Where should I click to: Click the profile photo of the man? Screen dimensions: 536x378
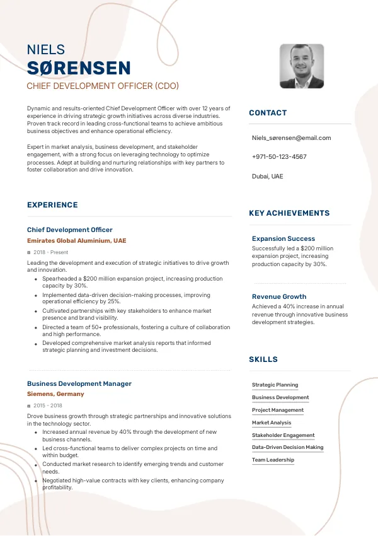pos(302,66)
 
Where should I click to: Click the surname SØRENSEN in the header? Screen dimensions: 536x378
pos(79,68)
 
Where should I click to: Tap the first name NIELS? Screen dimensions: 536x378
pos(46,50)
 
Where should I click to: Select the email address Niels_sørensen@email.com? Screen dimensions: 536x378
pos(291,137)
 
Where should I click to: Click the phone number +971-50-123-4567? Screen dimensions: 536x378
pos(279,156)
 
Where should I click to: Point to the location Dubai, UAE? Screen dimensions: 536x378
pos(268,176)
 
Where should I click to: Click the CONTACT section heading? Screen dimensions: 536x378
pos(268,113)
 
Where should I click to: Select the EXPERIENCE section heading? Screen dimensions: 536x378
pos(52,205)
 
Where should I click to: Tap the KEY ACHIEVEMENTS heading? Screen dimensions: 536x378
pos(289,213)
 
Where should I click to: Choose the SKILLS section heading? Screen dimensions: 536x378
pos(263,359)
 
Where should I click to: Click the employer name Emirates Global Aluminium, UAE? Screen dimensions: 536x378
pos(76,241)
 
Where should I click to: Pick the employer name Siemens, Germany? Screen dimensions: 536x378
pos(55,394)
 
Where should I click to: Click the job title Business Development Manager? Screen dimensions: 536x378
pos(79,383)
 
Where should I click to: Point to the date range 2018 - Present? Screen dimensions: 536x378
pos(51,252)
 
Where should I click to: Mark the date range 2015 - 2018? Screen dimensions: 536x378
pos(49,405)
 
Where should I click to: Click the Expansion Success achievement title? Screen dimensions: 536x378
pos(283,239)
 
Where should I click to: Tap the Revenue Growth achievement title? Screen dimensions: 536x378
pos(279,296)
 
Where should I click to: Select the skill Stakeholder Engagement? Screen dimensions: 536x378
pos(283,435)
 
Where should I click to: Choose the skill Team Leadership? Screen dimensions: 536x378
pos(273,460)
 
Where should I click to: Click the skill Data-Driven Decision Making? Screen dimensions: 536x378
pos(288,447)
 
